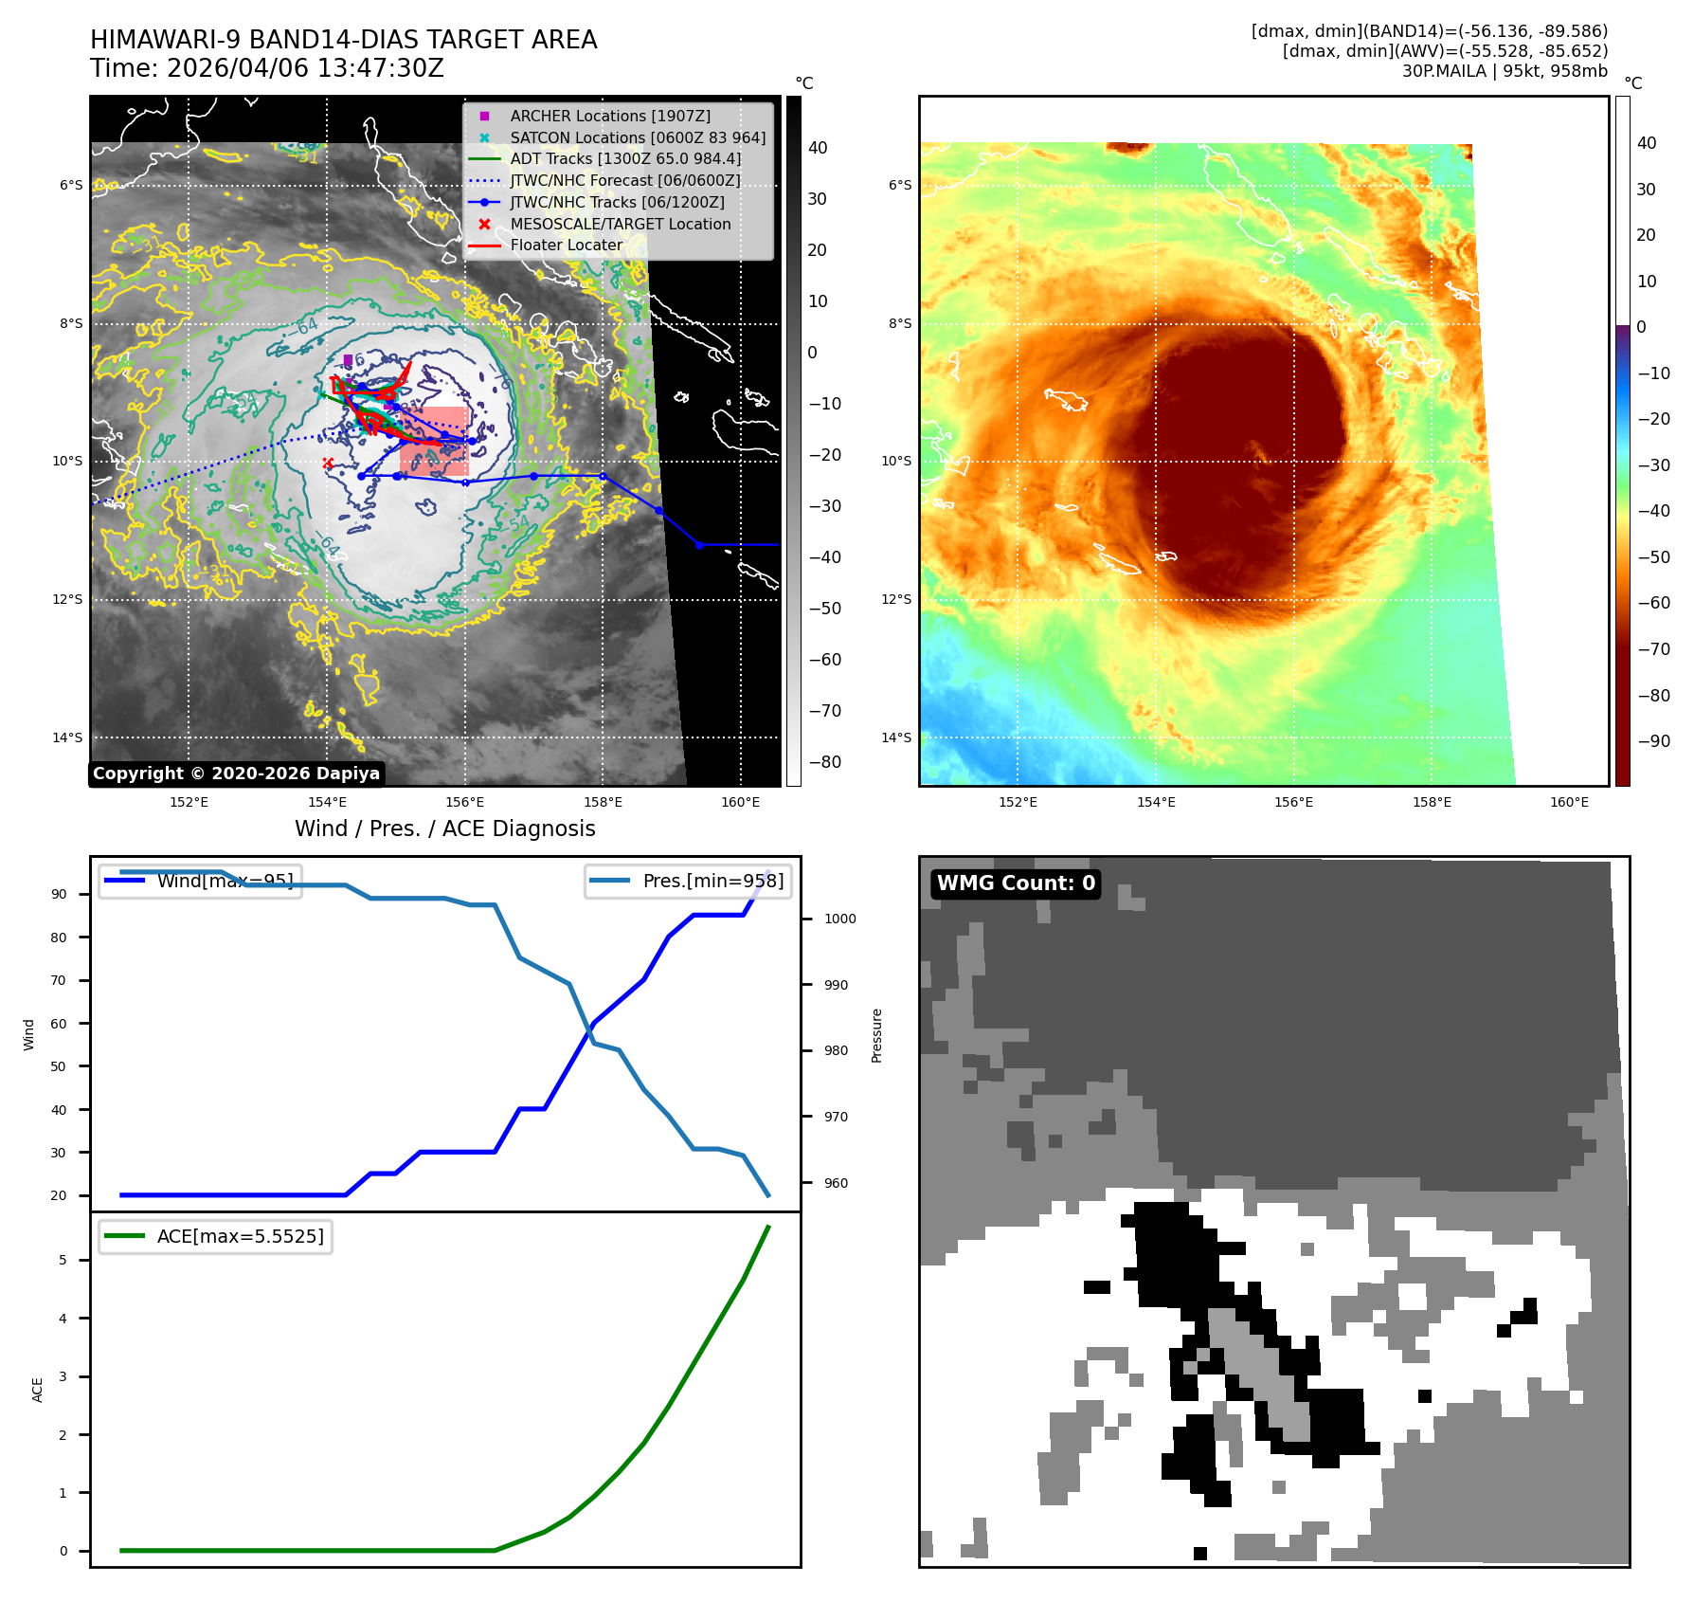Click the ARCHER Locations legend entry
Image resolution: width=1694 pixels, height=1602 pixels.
[609, 116]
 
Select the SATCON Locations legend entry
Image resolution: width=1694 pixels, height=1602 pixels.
[637, 137]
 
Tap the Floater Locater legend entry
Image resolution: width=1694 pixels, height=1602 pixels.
[566, 245]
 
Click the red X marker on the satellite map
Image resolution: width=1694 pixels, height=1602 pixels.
[328, 463]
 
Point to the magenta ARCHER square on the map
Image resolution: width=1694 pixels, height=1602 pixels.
[348, 359]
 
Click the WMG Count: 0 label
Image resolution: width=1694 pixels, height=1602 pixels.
[1016, 883]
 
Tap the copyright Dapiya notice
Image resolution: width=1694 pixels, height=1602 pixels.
[236, 774]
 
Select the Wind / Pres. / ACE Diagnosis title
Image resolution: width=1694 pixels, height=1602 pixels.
[444, 828]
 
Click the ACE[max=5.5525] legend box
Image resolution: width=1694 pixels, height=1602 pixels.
[216, 1236]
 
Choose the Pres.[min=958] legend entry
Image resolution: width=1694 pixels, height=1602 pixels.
[689, 881]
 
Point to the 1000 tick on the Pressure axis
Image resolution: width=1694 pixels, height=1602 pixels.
[839, 919]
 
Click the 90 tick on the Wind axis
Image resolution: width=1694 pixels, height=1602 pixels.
[59, 894]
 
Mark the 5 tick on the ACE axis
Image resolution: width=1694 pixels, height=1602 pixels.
[63, 1260]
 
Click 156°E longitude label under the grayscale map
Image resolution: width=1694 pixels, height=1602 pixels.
[464, 802]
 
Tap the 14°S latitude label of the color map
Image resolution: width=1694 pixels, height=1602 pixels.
[896, 737]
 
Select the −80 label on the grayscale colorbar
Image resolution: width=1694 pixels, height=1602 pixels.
[824, 762]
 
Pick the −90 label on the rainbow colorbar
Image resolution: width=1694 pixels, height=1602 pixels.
[1654, 741]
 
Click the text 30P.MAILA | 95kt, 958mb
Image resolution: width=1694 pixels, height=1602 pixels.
[1505, 71]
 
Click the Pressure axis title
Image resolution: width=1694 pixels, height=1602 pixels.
[876, 1035]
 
